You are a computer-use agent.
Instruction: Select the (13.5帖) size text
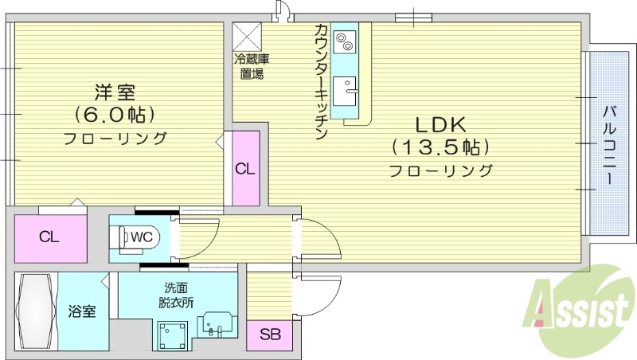pyautogui.click(x=440, y=147)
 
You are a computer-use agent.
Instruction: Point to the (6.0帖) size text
pyautogui.click(x=115, y=114)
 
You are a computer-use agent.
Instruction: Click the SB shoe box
pyautogui.click(x=270, y=335)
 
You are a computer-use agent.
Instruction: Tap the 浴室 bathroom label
pyautogui.click(x=81, y=311)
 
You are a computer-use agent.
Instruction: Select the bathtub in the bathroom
pyautogui.click(x=33, y=311)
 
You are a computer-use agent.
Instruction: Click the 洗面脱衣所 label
pyautogui.click(x=177, y=295)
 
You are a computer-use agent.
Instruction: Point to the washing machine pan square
pyautogui.click(x=173, y=335)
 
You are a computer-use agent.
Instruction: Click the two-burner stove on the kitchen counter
pyautogui.click(x=346, y=39)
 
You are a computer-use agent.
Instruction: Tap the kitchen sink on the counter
pyautogui.click(x=346, y=92)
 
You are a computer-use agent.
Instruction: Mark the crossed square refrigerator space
pyautogui.click(x=247, y=36)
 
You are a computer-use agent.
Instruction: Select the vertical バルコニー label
pyautogui.click(x=608, y=143)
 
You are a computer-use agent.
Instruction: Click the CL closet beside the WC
pyautogui.click(x=49, y=237)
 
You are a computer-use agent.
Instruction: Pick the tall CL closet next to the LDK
pyautogui.click(x=245, y=169)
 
